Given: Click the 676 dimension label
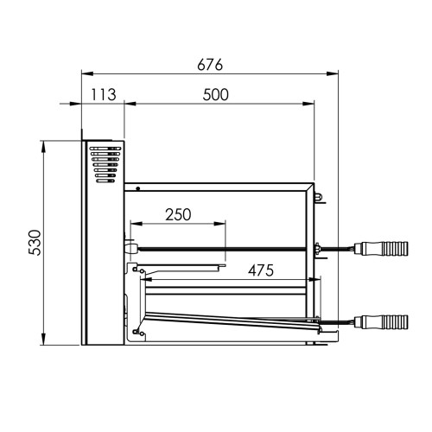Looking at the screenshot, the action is [x=210, y=65].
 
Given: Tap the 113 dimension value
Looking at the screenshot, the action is [x=104, y=94].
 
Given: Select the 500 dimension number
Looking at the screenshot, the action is [x=216, y=95].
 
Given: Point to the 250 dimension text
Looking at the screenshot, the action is [x=178, y=214].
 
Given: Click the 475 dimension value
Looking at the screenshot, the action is [x=261, y=270].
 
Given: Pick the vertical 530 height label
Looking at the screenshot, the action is [x=35, y=243].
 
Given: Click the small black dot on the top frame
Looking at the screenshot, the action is [x=138, y=188].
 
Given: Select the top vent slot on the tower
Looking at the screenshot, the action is [x=105, y=149].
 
